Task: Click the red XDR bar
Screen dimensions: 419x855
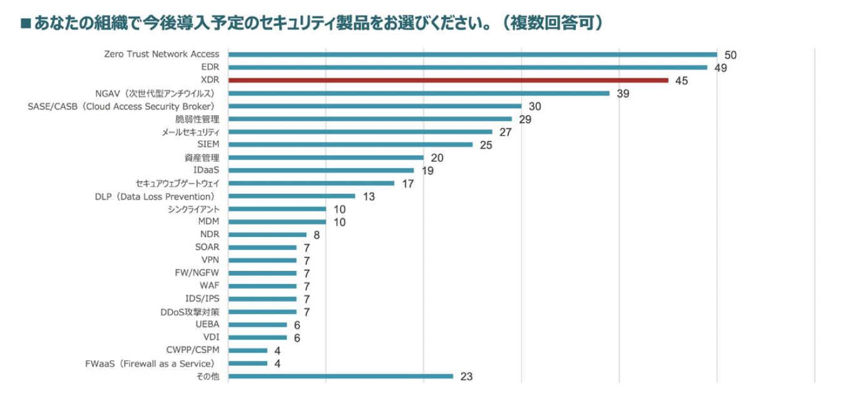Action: [x=448, y=80]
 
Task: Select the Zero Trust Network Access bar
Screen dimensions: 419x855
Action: [x=473, y=54]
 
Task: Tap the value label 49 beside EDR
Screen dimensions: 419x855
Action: [x=720, y=68]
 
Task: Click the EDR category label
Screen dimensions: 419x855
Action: [x=210, y=67]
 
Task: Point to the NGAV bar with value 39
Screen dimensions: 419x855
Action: [x=419, y=93]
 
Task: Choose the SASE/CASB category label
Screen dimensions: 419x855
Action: [x=123, y=106]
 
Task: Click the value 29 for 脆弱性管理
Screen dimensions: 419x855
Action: [x=525, y=119]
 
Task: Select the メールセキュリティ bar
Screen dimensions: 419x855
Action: [x=361, y=132]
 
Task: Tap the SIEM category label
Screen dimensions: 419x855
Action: [x=208, y=144]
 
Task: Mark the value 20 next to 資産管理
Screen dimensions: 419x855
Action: [x=437, y=158]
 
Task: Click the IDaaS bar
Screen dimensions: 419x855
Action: [x=321, y=170]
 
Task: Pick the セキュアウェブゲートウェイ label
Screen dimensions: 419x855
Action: [x=177, y=183]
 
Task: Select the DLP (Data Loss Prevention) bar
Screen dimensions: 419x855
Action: [x=292, y=196]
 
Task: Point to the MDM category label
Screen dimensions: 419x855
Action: [x=208, y=221]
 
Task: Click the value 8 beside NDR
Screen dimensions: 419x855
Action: [x=317, y=235]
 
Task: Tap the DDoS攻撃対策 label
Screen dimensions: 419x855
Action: [x=190, y=311]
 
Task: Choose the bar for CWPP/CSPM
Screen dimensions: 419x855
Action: [x=248, y=350]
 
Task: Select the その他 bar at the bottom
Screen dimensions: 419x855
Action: [x=340, y=376]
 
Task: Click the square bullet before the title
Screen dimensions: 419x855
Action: [x=26, y=24]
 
